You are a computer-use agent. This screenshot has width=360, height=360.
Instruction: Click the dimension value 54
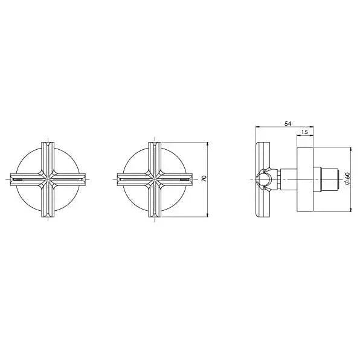(288, 123)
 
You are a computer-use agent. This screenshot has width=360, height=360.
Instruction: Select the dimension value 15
(304, 132)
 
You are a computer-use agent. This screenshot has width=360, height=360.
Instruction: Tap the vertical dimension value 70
(204, 179)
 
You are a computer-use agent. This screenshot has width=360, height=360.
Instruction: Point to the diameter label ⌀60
(347, 178)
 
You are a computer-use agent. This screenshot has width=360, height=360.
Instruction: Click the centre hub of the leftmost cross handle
(48, 179)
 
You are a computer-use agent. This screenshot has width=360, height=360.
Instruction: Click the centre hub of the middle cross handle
(155, 179)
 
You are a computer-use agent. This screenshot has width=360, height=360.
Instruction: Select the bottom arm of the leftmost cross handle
(48, 201)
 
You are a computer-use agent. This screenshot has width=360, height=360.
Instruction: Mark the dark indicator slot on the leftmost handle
(18, 179)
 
